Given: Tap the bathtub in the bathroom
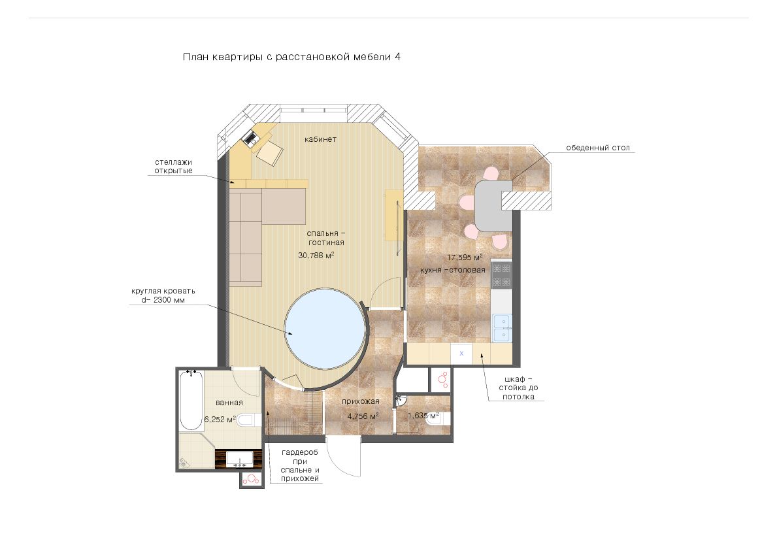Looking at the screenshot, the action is (x=191, y=400).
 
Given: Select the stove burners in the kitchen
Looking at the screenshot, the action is (x=501, y=276).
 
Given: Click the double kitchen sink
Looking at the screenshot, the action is (x=502, y=327).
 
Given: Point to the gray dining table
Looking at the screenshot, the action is (x=493, y=206).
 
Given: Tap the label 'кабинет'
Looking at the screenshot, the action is (x=320, y=139).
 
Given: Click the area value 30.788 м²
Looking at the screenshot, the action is (x=316, y=255).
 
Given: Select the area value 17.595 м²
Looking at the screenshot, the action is (x=465, y=257).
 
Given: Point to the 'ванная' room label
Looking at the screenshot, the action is (x=229, y=403).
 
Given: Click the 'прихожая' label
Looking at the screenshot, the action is (x=360, y=401).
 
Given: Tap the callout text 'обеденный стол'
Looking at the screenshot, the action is (x=597, y=148).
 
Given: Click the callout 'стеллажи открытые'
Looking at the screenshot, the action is (x=173, y=167).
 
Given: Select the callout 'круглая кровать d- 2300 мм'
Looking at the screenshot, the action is (x=163, y=295).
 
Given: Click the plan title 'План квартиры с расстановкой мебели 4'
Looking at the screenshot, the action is (x=291, y=56).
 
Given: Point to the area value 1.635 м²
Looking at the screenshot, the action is (x=423, y=415).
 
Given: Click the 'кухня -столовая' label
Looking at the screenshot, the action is (x=453, y=270).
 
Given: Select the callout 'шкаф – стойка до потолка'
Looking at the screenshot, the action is (x=518, y=388).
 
